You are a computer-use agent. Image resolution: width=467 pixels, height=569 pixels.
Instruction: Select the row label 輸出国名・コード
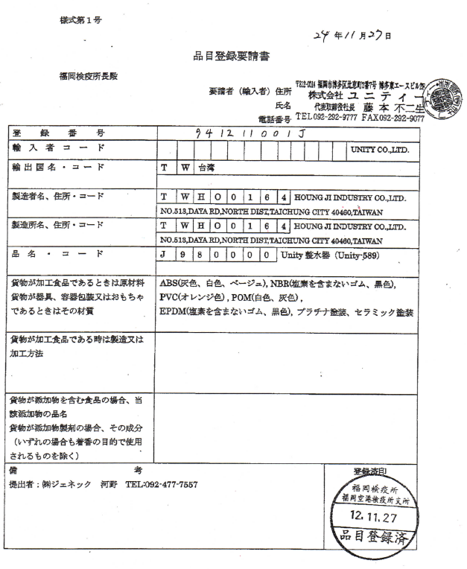[x=57, y=167]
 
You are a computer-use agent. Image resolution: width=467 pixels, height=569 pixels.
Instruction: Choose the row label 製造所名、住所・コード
[x=63, y=224]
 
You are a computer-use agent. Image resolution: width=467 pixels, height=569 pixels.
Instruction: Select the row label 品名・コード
[x=52, y=252]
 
